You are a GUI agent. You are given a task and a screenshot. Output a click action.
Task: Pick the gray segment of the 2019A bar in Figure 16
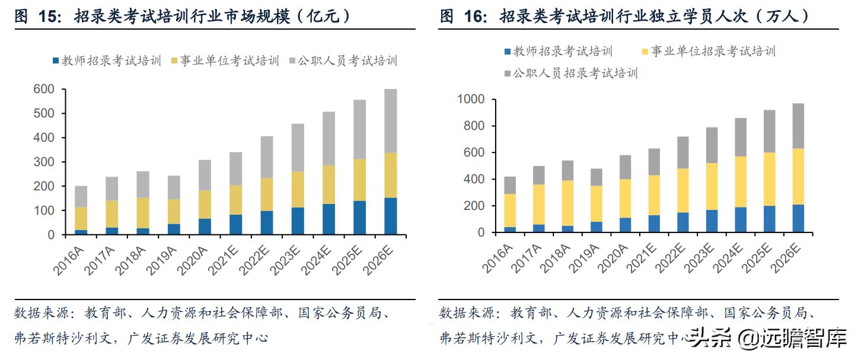click(x=596, y=177)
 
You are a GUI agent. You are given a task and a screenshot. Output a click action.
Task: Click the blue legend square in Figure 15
click(x=56, y=60)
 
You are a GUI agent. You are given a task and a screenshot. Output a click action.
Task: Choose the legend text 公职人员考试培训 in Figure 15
click(x=347, y=60)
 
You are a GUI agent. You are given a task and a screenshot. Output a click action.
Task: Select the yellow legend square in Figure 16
click(x=645, y=52)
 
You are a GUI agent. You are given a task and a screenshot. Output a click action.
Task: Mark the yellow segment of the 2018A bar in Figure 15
click(x=142, y=213)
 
